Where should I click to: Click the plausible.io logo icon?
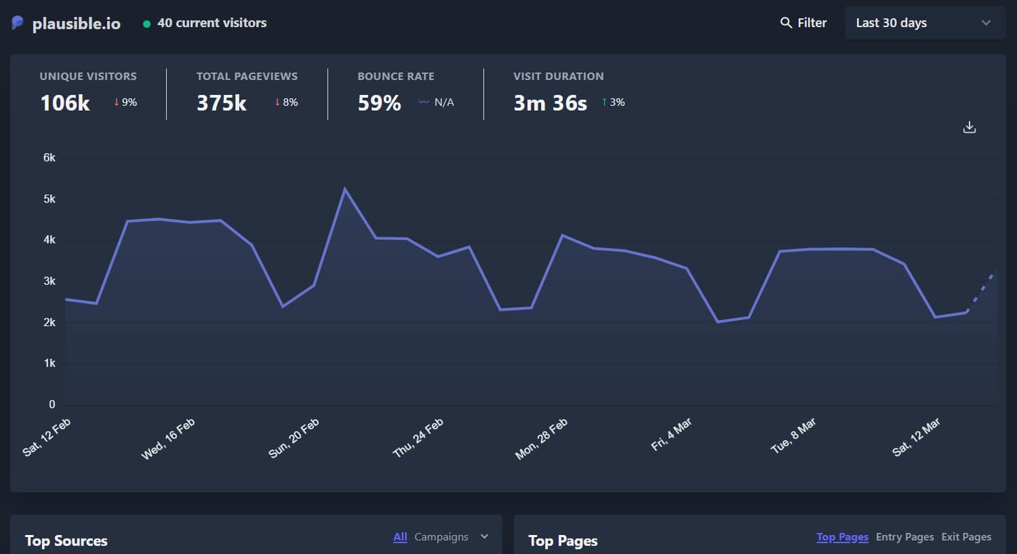[18, 23]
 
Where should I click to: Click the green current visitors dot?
[146, 24]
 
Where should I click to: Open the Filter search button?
[803, 23]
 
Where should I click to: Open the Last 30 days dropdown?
[924, 23]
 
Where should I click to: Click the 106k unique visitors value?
[65, 103]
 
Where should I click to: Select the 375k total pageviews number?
[221, 103]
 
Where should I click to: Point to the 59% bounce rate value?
[379, 103]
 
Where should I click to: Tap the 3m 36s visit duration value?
[550, 103]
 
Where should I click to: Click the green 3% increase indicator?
[613, 102]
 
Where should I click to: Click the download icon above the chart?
[970, 127]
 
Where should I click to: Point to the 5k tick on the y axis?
[49, 199]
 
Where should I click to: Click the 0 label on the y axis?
[52, 404]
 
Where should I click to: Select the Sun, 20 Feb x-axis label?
[294, 438]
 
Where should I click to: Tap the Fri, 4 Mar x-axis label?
[671, 435]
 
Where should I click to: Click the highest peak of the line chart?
[344, 189]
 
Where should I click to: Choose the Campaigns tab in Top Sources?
[441, 537]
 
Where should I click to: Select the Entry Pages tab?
[904, 537]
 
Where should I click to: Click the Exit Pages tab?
[966, 537]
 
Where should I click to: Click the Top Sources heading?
[66, 541]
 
